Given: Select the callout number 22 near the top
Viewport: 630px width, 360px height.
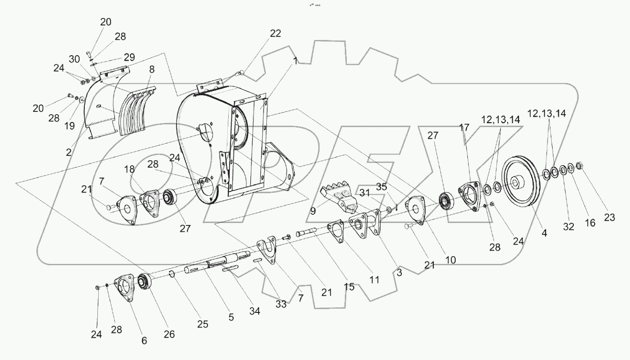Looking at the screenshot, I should (275, 34).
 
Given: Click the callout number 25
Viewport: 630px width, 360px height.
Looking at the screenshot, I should (202, 324).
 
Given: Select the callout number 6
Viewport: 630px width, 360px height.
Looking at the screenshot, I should (144, 341).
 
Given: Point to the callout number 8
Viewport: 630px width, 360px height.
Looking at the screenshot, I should (151, 70).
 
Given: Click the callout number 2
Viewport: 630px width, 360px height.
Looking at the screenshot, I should (68, 153).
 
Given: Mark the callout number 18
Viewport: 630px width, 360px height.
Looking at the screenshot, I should (130, 169).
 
